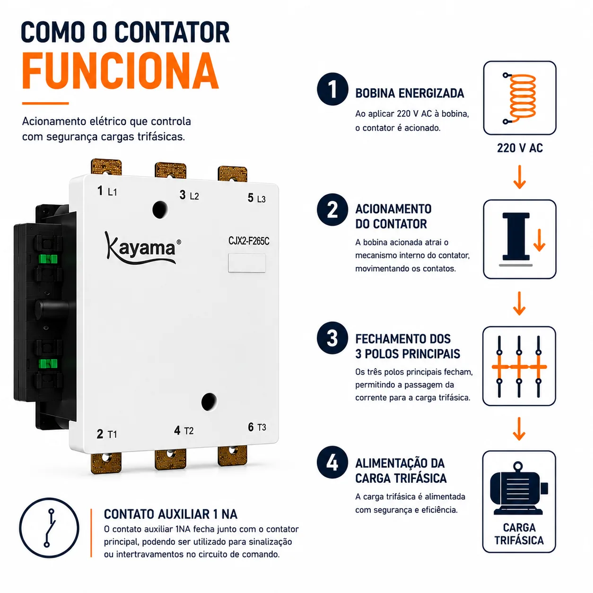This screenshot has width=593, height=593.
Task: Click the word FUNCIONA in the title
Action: (x=120, y=71)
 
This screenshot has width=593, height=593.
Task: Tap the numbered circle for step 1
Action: (x=332, y=89)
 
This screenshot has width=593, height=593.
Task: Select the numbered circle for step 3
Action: (x=332, y=338)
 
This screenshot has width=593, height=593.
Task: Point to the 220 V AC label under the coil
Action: (x=520, y=148)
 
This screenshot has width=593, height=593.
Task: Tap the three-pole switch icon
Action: (x=519, y=366)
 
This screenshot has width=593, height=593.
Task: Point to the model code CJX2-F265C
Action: (x=249, y=241)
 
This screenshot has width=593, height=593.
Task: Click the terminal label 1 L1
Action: (x=107, y=191)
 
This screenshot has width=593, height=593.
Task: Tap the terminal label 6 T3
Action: (x=257, y=427)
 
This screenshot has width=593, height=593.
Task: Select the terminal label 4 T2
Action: (x=183, y=430)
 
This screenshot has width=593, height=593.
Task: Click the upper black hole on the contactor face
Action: (x=160, y=209)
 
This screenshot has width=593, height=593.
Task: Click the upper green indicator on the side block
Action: (x=48, y=259)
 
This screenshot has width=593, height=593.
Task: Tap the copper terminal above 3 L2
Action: (x=171, y=170)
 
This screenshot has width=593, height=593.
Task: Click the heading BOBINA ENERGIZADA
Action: (x=410, y=93)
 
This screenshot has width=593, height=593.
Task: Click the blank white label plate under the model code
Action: (x=247, y=263)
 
